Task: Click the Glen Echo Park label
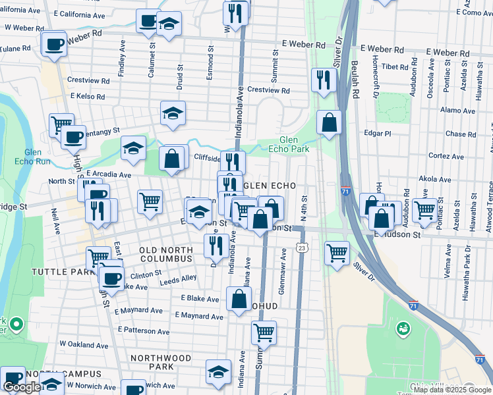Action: point(294,144)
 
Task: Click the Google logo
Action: point(22,388)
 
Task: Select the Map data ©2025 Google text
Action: point(451,390)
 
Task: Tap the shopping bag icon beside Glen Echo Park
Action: point(328,122)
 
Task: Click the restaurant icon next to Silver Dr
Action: point(323,80)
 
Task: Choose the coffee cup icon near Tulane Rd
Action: point(54,45)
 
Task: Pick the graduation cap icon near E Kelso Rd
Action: point(173,113)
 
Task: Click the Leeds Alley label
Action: point(179,278)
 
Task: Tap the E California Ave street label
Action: point(80,14)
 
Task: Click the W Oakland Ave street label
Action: point(84,344)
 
